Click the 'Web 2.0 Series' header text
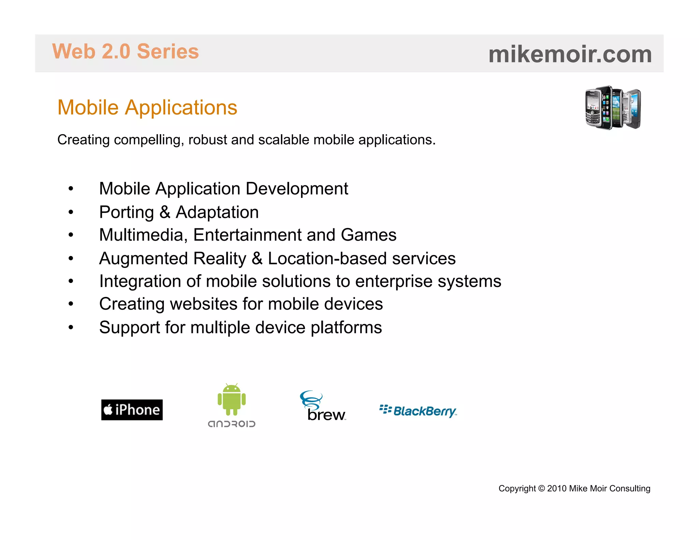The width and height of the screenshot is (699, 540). pyautogui.click(x=125, y=52)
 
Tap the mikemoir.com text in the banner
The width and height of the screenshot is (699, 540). pyautogui.click(x=570, y=54)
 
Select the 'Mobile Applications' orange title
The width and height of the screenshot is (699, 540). pyautogui.click(x=147, y=108)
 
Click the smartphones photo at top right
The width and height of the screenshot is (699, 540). pyautogui.click(x=613, y=108)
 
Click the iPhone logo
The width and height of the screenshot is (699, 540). pyautogui.click(x=132, y=410)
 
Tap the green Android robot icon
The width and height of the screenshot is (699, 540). pyautogui.click(x=232, y=399)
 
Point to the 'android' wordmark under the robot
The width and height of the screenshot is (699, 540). pyautogui.click(x=232, y=424)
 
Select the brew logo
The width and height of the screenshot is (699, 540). pyautogui.click(x=323, y=407)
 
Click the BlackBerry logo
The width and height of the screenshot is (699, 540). pyautogui.click(x=418, y=411)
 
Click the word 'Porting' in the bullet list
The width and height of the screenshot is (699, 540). pyautogui.click(x=126, y=212)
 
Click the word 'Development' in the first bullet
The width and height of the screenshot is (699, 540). pyautogui.click(x=297, y=189)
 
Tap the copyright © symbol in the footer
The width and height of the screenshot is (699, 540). pyautogui.click(x=541, y=488)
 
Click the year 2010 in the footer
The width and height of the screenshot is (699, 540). pyautogui.click(x=557, y=488)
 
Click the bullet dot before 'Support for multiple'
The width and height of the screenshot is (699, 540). pyautogui.click(x=71, y=327)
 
